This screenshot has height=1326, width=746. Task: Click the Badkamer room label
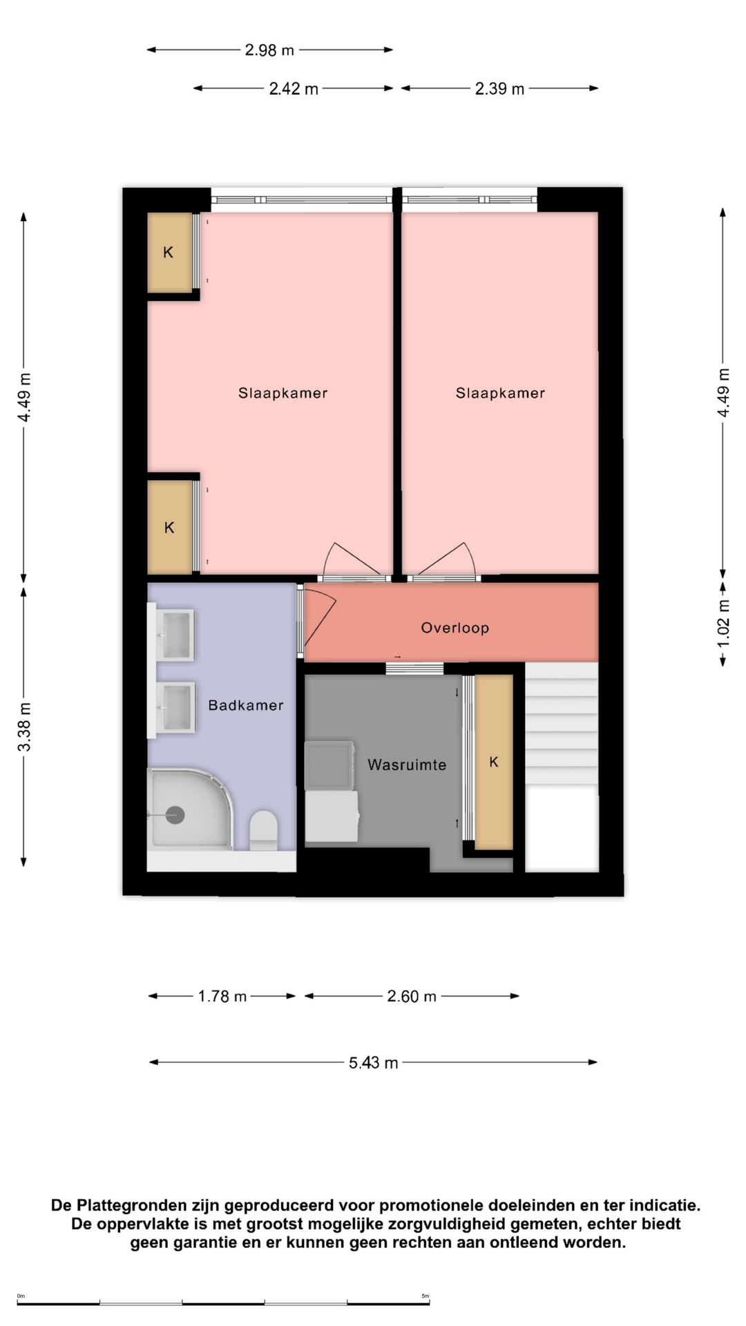(x=246, y=705)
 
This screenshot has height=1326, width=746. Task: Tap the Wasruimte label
(x=407, y=765)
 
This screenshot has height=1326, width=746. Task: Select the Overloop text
(x=455, y=628)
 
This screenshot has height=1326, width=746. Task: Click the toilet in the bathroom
(x=263, y=830)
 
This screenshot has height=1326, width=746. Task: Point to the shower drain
(x=175, y=816)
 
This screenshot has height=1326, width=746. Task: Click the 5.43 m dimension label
(x=374, y=1063)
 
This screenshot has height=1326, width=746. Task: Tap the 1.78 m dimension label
(x=222, y=997)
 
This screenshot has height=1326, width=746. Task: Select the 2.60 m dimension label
(x=412, y=997)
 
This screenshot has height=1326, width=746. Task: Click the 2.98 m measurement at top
(x=269, y=50)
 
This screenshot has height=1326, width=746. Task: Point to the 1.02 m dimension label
(x=723, y=624)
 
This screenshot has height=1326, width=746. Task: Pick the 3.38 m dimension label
(x=24, y=727)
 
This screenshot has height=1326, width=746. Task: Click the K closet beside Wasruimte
(x=494, y=762)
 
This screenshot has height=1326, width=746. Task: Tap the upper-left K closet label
(x=168, y=253)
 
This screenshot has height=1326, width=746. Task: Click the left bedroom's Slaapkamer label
(x=283, y=393)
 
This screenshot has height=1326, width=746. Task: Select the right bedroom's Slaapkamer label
(x=500, y=393)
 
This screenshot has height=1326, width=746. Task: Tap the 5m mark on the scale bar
(x=425, y=1296)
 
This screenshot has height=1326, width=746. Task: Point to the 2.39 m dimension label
(x=499, y=89)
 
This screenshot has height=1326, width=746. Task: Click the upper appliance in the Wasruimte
(x=329, y=765)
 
